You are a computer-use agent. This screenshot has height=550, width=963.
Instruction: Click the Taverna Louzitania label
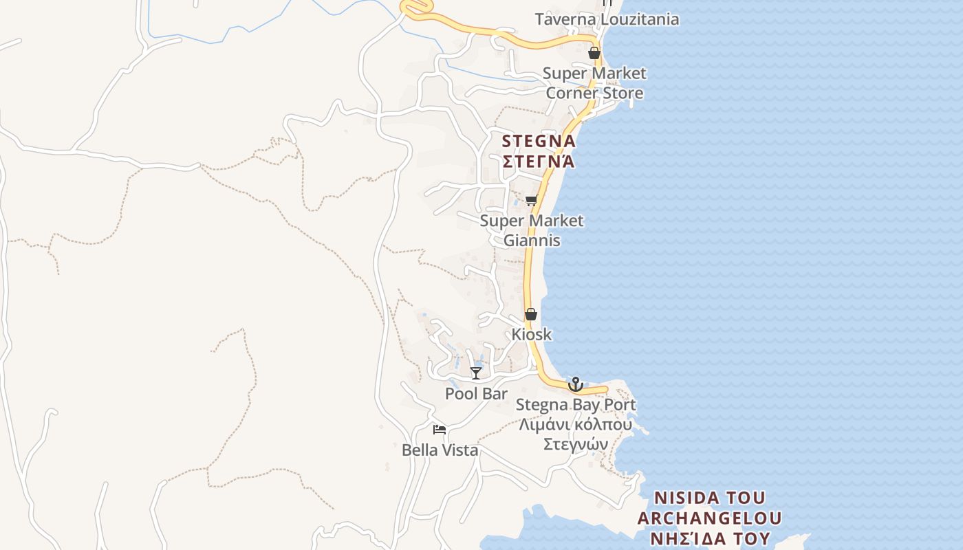[x=607, y=19]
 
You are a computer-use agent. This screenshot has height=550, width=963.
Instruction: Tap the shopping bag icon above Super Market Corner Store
[x=594, y=53]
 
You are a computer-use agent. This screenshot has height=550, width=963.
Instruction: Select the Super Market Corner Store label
[x=594, y=83]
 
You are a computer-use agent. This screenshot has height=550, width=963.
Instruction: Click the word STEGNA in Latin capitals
[x=539, y=142]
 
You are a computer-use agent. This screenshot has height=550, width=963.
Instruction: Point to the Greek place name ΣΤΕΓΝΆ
[x=539, y=162]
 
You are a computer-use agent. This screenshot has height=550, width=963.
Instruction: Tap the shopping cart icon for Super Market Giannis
[x=531, y=201]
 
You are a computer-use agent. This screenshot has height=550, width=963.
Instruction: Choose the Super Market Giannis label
[x=532, y=231]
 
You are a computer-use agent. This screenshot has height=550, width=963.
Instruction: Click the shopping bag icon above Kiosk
[x=531, y=314]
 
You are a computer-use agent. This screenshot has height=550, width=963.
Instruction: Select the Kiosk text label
[x=532, y=335]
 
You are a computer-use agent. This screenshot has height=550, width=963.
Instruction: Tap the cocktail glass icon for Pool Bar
[x=475, y=373]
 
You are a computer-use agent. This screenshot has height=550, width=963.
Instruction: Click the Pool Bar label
[x=476, y=394]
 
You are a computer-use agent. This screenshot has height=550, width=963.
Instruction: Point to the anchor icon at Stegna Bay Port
[x=576, y=384]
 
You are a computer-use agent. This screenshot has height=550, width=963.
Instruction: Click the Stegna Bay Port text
[x=576, y=405]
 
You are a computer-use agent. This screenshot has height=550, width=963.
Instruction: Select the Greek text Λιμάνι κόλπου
[x=576, y=424]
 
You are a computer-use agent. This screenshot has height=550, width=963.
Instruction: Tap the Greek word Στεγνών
[x=576, y=444]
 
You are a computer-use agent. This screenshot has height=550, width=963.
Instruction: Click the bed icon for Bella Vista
[x=440, y=430]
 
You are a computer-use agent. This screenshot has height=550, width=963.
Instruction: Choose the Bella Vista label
[x=440, y=451]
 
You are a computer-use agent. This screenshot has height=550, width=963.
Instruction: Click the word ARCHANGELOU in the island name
[x=709, y=518]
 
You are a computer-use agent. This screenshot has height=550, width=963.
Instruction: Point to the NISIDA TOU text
[x=709, y=498]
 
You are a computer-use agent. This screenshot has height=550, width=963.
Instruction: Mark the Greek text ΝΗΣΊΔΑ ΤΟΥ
[x=709, y=538]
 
